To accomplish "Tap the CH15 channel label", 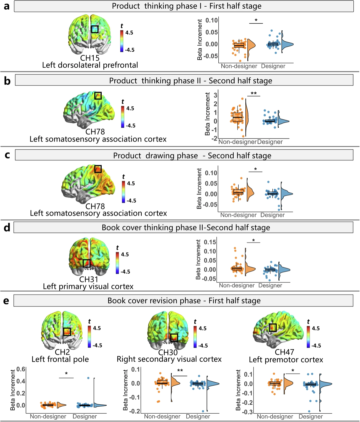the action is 90,58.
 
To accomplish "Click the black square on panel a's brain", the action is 95,29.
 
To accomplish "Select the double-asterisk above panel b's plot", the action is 254,93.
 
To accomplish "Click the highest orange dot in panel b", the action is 242,99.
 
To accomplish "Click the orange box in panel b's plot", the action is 238,117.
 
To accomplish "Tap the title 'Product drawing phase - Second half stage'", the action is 192,155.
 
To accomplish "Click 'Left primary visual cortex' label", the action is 88,287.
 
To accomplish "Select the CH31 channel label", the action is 89,279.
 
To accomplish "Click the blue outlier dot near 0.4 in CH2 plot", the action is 88,378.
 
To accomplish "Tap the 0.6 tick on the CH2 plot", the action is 21,369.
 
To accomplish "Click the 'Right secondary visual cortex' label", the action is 169,359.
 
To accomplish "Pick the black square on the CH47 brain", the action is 272,328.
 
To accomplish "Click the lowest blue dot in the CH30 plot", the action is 203,411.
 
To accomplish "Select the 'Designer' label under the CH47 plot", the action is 311,416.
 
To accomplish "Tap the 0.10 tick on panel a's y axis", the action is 212,20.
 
